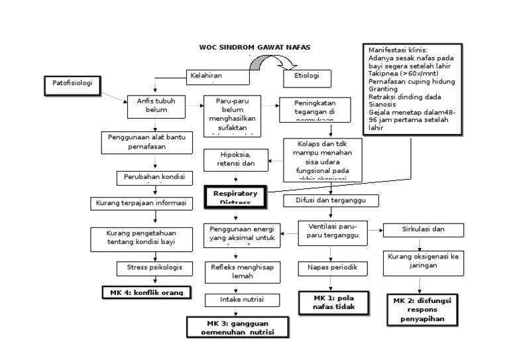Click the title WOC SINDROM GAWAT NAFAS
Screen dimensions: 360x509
tap(254, 48)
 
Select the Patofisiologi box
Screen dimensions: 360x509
tap(73, 84)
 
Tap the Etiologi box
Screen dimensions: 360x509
tap(306, 77)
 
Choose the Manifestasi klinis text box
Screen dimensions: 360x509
tap(411, 89)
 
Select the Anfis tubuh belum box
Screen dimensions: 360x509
tap(156, 105)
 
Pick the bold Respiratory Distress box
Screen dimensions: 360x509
tap(235, 196)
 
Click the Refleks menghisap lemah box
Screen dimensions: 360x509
tap(237, 271)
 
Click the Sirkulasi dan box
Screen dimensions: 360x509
tap(424, 229)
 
